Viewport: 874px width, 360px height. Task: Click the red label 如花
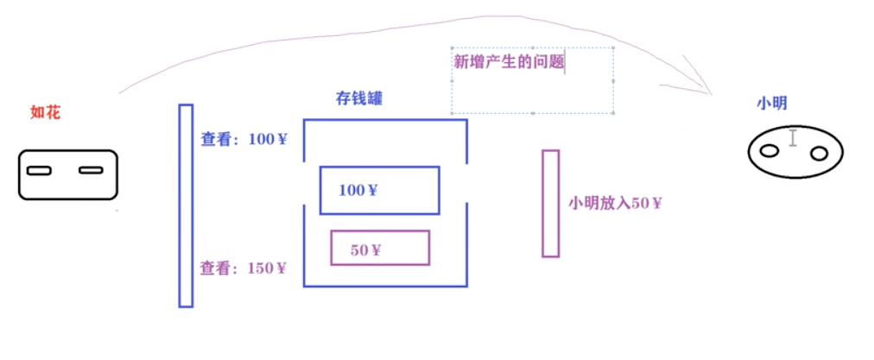coord(46,111)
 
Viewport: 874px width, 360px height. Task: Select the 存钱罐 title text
coord(358,98)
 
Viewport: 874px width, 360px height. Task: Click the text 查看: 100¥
coord(244,139)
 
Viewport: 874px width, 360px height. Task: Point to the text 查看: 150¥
coord(244,268)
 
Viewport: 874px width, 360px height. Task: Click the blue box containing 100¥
coord(379,190)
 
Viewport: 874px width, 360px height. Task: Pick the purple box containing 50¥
coord(380,249)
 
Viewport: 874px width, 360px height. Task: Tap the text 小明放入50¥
coord(615,204)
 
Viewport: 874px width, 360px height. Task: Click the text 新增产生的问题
coord(509,62)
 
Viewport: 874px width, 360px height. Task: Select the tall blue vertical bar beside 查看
coord(186,205)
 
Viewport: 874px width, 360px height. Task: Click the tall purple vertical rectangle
coord(550,204)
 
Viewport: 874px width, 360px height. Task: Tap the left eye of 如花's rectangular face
coord(38,170)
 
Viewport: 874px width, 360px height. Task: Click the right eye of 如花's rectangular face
coord(91,170)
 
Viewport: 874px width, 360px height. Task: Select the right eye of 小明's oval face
coord(819,154)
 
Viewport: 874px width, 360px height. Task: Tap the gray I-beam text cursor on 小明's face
coord(793,137)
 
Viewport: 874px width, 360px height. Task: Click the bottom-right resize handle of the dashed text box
coord(614,113)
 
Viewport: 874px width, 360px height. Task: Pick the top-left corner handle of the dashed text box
coord(451,48)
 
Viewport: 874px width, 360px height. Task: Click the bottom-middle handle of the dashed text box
coord(533,113)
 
